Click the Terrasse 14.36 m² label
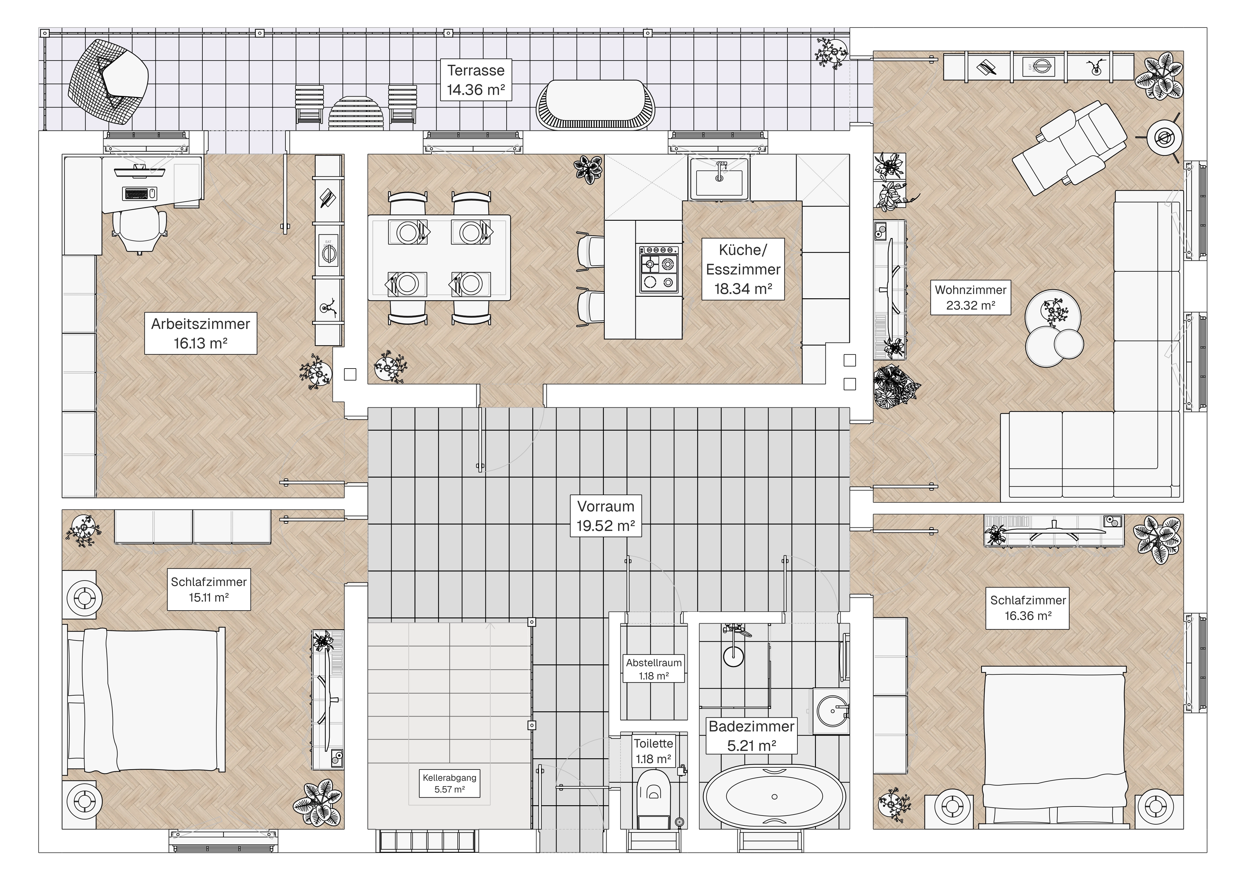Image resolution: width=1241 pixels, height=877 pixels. [476, 80]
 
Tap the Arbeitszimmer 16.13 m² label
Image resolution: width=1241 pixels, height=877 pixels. [201, 333]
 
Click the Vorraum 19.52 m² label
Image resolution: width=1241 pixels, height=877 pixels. [605, 516]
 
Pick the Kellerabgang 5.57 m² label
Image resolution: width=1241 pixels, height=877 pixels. [450, 783]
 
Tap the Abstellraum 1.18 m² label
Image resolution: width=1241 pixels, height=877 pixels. [654, 669]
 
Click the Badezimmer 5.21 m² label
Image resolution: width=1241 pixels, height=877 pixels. [751, 736]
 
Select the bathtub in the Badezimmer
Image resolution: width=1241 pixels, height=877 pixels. [774, 796]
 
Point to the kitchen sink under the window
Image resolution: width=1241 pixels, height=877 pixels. [719, 178]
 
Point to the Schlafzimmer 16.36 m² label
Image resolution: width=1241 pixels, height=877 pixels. [1027, 608]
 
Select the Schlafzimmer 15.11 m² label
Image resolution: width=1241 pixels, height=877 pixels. [209, 590]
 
